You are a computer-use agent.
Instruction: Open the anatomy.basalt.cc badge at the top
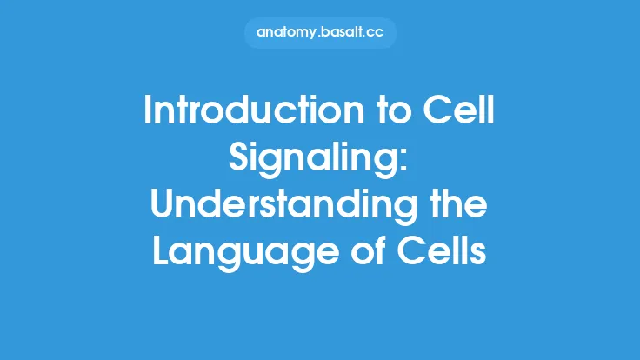[x=319, y=33]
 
